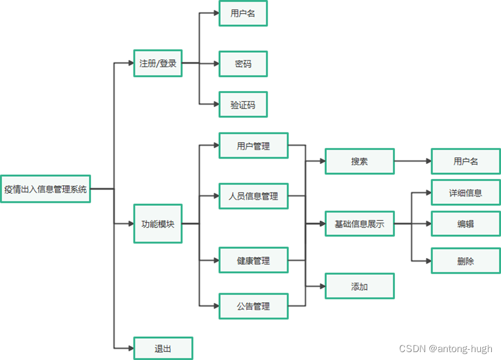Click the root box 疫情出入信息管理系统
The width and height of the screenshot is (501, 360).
click(45, 189)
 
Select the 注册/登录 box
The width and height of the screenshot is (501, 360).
click(158, 63)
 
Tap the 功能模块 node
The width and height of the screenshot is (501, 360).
click(158, 224)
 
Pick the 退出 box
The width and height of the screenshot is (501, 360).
click(163, 348)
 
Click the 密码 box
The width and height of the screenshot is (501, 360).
click(243, 64)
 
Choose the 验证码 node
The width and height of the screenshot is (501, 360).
click(243, 105)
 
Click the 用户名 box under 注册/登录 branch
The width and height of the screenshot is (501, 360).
click(243, 13)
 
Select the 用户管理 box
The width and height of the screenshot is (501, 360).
click(254, 146)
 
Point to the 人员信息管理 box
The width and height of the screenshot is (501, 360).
click(254, 196)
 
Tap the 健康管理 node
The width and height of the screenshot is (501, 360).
click(254, 261)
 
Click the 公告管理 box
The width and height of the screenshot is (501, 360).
click(254, 306)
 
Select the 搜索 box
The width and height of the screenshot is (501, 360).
click(360, 161)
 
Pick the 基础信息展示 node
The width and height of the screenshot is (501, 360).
click(360, 224)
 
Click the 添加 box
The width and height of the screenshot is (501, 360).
click(360, 287)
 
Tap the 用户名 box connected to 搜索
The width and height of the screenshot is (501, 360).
click(465, 161)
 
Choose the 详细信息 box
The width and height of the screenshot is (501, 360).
click(465, 193)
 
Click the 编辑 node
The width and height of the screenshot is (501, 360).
click(465, 224)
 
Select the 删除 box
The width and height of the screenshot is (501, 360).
click(465, 261)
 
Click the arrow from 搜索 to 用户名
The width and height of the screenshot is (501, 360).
click(412, 161)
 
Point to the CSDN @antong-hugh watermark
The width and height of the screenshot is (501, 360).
click(445, 348)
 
